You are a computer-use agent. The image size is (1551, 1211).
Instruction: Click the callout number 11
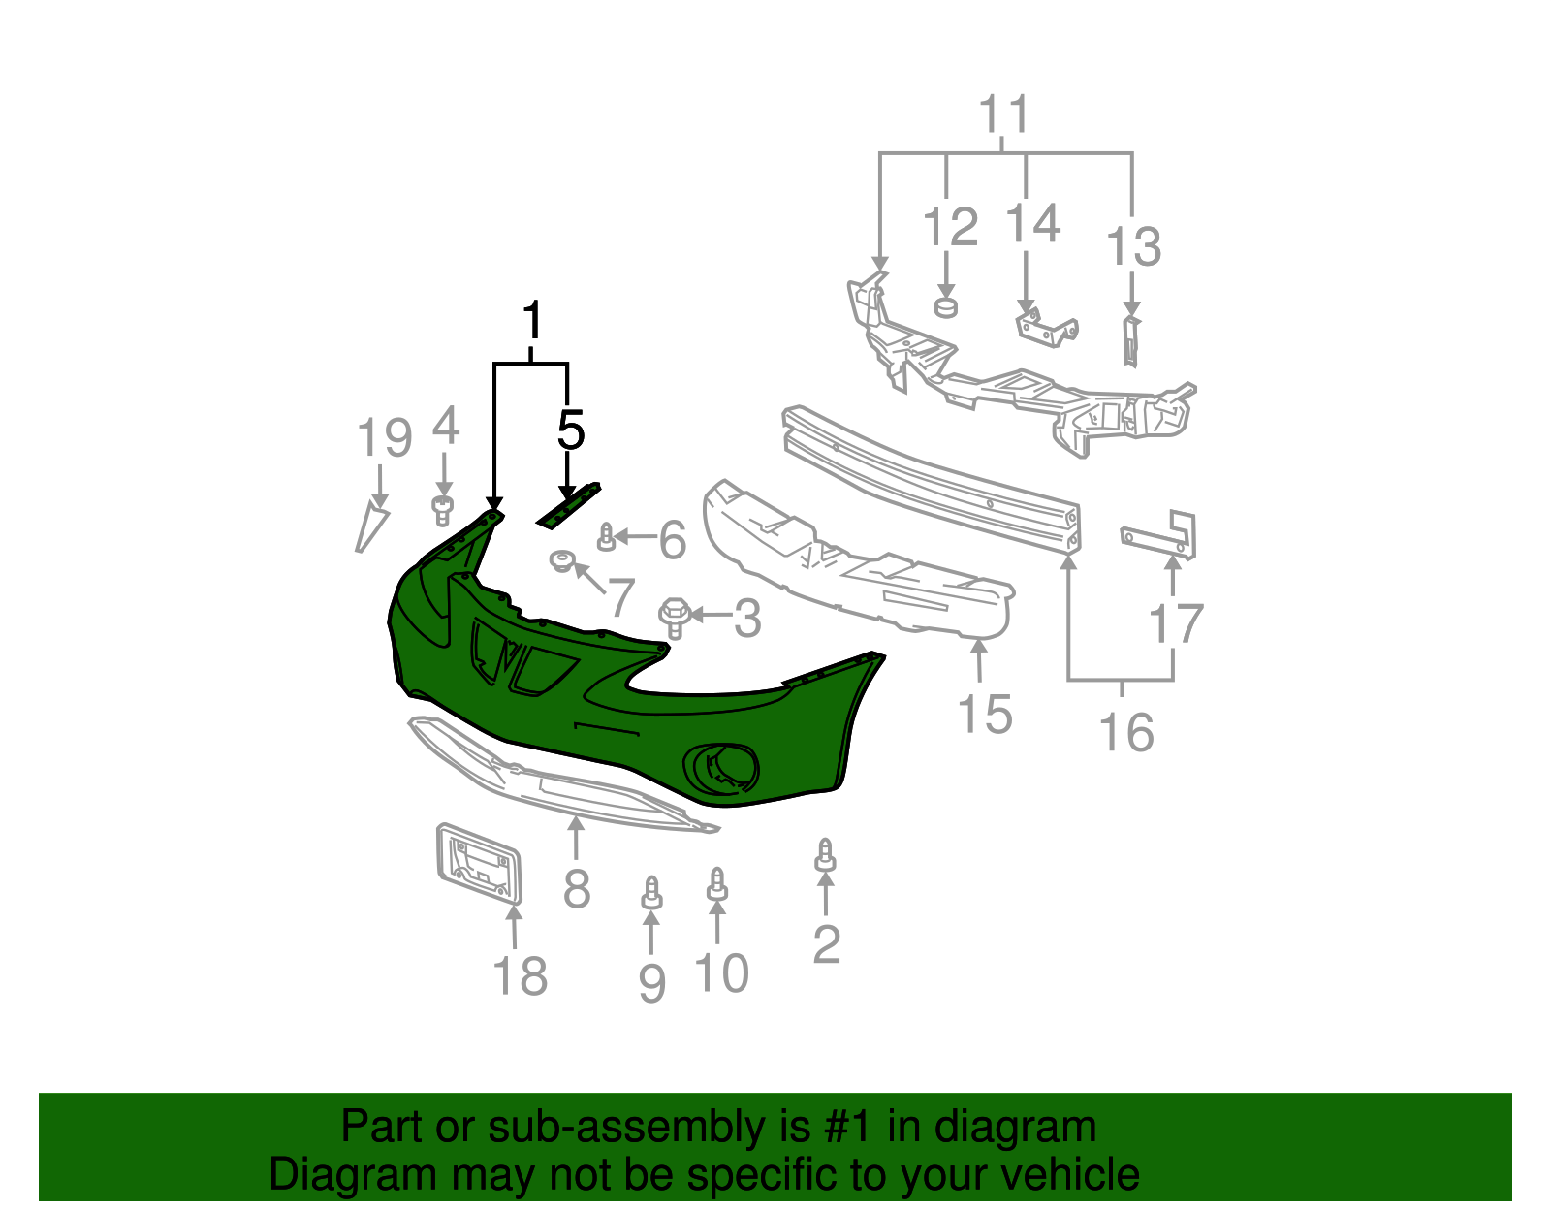click(1003, 114)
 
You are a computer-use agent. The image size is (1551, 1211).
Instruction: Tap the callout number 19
click(385, 438)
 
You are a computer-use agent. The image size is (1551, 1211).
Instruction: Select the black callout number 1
click(531, 321)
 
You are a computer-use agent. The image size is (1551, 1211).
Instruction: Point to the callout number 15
click(984, 715)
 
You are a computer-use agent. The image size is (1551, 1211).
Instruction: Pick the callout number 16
click(1126, 732)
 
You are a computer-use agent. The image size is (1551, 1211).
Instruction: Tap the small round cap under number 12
click(946, 307)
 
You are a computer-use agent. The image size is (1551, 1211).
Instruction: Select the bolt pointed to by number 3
click(675, 617)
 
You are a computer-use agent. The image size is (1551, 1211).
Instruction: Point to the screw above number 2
click(825, 856)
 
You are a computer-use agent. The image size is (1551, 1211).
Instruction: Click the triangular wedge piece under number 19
click(371, 526)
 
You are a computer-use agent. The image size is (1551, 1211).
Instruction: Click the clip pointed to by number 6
click(607, 537)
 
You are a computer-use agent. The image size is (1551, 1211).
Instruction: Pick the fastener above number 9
click(652, 894)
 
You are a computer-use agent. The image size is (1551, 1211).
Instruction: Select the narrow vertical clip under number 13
click(1130, 340)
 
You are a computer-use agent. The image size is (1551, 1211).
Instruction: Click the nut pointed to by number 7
click(562, 560)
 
